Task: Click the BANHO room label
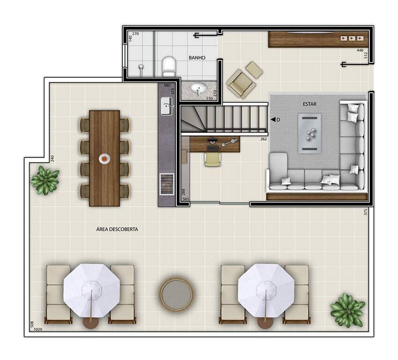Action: (197, 58)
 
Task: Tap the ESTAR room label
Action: (310, 104)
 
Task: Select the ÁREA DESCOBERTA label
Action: (117, 229)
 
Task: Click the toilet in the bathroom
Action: (169, 67)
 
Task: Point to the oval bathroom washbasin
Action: (199, 89)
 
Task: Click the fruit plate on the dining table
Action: (105, 159)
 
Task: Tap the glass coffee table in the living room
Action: (310, 133)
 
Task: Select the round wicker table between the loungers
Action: (176, 294)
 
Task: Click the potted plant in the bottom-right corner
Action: (347, 310)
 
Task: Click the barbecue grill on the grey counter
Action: (167, 184)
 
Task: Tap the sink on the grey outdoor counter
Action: (167, 106)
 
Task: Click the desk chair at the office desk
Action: (213, 159)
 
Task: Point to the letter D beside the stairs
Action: (278, 120)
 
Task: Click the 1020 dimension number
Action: (38, 329)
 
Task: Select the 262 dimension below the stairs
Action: (263, 139)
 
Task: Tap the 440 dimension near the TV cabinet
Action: (360, 50)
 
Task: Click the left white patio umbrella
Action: (91, 291)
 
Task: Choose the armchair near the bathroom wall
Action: (241, 84)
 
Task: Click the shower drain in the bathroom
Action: (141, 67)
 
